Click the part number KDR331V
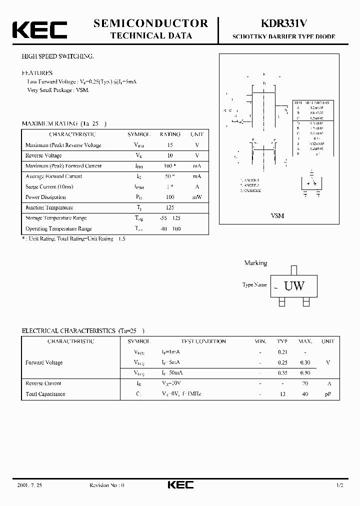pyautogui.click(x=283, y=23)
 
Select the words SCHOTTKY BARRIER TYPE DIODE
pyautogui.click(x=283, y=37)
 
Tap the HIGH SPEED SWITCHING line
pyautogui.click(x=57, y=56)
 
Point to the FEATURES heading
pyautogui.click(x=37, y=72)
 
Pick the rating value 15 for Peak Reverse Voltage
pyautogui.click(x=170, y=145)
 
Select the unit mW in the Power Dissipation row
pyautogui.click(x=197, y=197)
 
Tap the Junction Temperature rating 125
pyautogui.click(x=170, y=207)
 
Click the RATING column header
pyautogui.click(x=170, y=134)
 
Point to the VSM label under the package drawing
pyautogui.click(x=277, y=215)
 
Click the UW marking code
pyautogui.click(x=294, y=286)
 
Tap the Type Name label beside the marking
pyautogui.click(x=254, y=285)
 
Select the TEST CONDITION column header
pyautogui.click(x=203, y=341)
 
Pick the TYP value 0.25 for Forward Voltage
pyautogui.click(x=282, y=362)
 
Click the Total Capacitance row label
pyautogui.click(x=45, y=394)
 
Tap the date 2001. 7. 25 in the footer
pyautogui.click(x=29, y=485)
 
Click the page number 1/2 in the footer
pyautogui.click(x=340, y=485)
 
